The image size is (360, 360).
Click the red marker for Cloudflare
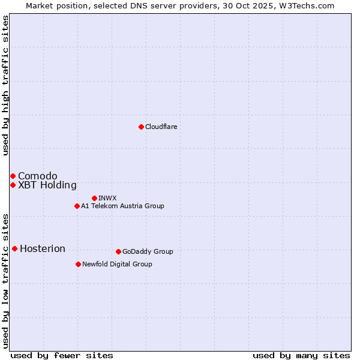point(141,127)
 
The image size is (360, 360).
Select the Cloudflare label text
point(161,127)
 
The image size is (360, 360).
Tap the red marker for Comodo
point(13,176)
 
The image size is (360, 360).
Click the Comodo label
point(38,176)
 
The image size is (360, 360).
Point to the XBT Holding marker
point(13,185)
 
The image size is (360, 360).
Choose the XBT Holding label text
point(47,185)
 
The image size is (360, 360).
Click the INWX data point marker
point(94,198)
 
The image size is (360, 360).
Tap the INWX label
point(107,198)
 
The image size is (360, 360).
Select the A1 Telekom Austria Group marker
point(77,206)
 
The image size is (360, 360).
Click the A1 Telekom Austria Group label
point(122,206)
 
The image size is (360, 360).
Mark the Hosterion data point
point(14,248)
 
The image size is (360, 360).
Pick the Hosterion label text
point(43,249)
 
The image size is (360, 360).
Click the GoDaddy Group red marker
point(118,251)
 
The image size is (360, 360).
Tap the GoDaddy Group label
point(148,251)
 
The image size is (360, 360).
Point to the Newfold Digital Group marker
point(78,264)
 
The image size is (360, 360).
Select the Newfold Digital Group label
point(117,264)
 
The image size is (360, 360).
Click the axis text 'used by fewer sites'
point(62,355)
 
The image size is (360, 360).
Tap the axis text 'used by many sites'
point(301,355)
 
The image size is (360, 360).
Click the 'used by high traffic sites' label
point(5,85)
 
